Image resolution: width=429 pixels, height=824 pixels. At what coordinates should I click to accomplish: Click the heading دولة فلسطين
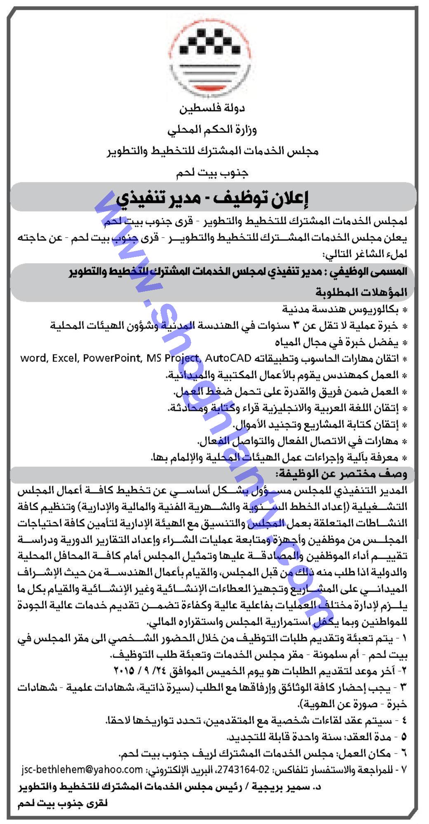click(x=212, y=109)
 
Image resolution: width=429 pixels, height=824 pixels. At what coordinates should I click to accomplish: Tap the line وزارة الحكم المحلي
click(x=212, y=130)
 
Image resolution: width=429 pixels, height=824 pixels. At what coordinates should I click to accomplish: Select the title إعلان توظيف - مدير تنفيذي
click(x=212, y=198)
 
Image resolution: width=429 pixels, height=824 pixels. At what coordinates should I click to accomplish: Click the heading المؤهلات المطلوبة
click(x=361, y=292)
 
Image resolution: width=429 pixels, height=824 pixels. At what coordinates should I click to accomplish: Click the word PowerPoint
click(x=112, y=358)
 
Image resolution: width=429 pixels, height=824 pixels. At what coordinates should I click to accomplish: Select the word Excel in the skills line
click(x=65, y=358)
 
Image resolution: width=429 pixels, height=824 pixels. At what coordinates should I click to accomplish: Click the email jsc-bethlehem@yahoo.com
click(x=81, y=769)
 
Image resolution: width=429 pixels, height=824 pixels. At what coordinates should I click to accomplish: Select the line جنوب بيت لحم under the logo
click(x=212, y=173)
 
